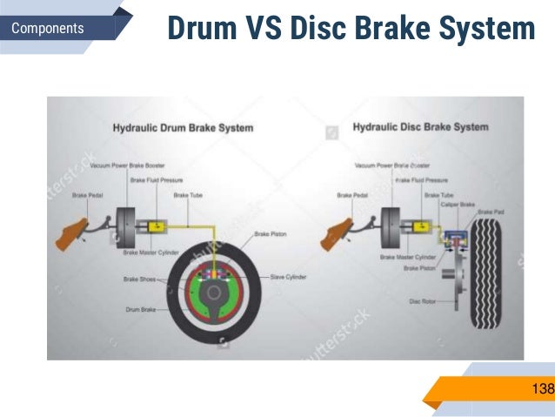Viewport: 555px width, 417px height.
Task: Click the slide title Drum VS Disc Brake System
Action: point(350,29)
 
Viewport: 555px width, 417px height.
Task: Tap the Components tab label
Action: point(48,29)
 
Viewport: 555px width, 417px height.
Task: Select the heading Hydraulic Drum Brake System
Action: point(183,128)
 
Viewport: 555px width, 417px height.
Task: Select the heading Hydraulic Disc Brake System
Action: point(420,127)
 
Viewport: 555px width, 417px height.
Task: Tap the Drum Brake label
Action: point(138,309)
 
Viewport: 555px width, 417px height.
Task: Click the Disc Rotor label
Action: point(422,301)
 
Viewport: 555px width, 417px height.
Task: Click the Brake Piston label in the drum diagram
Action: point(272,234)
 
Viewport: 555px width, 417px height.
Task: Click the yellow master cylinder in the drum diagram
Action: point(158,226)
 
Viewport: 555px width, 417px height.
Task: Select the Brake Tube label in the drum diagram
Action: point(189,196)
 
